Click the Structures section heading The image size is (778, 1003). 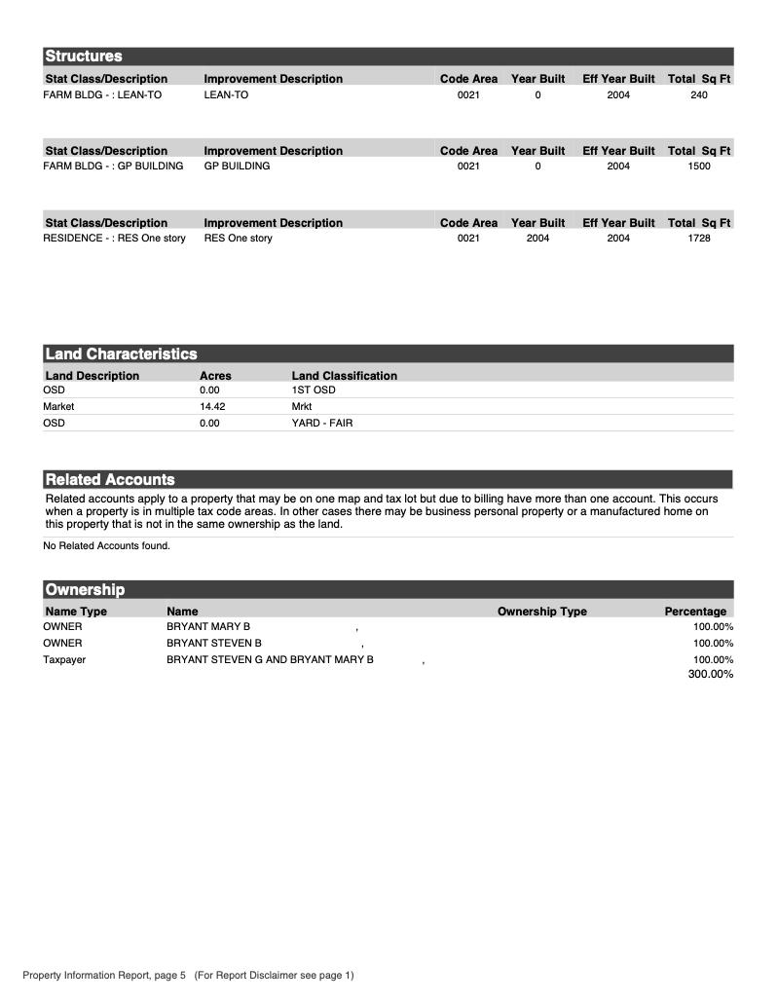pyautogui.click(x=84, y=56)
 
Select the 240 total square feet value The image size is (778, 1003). pyautogui.click(x=699, y=94)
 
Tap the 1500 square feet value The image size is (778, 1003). pyautogui.click(x=699, y=167)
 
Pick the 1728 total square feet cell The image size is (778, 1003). pyautogui.click(x=699, y=239)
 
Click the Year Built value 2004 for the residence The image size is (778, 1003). pyautogui.click(x=537, y=239)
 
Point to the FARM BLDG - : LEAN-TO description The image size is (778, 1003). pyautogui.click(x=102, y=94)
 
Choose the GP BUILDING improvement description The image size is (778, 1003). pyautogui.click(x=237, y=167)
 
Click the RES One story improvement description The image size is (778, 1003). pyautogui.click(x=238, y=239)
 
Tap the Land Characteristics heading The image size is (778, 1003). pyautogui.click(x=121, y=354)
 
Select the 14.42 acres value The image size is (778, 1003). pyautogui.click(x=212, y=406)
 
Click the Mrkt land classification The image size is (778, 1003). pyautogui.click(x=302, y=406)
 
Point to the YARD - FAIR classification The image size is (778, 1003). pyautogui.click(x=322, y=423)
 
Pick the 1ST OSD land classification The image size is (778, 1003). pyautogui.click(x=314, y=390)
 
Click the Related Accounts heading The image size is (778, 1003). pyautogui.click(x=110, y=480)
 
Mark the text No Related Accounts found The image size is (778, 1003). pyautogui.click(x=106, y=545)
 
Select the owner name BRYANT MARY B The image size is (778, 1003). pyautogui.click(x=208, y=626)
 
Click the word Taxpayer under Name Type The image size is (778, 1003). pyautogui.click(x=64, y=659)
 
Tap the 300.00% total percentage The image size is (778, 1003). pyautogui.click(x=710, y=674)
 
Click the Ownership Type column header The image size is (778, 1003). pyautogui.click(x=541, y=612)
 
